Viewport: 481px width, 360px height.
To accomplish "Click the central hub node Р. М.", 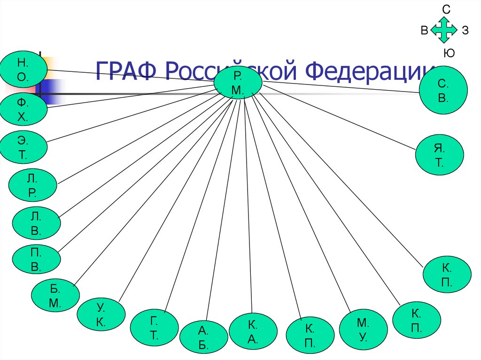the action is click(238, 83).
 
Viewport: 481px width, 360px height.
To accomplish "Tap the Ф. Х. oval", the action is click(23, 110).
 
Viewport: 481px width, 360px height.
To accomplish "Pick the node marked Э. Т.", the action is click(23, 147).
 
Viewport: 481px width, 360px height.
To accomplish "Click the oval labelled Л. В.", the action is click(36, 223).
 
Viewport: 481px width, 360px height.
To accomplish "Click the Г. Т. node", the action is click(155, 328).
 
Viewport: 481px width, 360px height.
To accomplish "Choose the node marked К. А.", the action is click(253, 332).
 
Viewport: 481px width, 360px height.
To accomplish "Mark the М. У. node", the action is click(363, 329).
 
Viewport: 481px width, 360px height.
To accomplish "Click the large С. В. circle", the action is click(443, 92).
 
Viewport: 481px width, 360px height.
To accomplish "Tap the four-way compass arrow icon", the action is click(444, 30).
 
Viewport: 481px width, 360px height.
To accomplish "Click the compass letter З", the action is click(465, 31).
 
